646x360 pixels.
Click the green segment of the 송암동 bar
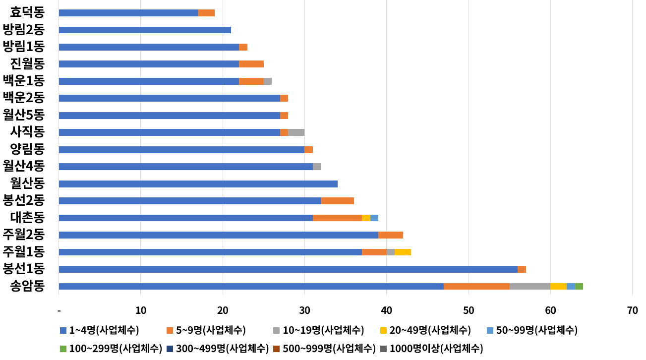(x=579, y=286)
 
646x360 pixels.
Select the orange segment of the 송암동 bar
(x=476, y=286)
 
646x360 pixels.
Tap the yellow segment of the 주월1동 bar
(x=403, y=252)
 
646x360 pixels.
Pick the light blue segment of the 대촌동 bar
(x=374, y=218)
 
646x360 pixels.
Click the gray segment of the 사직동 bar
(x=296, y=132)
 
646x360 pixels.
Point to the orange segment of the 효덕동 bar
(x=206, y=13)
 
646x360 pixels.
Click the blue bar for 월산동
(x=198, y=184)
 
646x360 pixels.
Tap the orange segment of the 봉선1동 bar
(x=522, y=269)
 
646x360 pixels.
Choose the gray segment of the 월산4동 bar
(x=317, y=167)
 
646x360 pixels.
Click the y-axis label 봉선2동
(x=24, y=201)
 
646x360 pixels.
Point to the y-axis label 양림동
(x=27, y=149)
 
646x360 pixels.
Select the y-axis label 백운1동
(x=24, y=81)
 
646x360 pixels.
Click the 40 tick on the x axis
(x=386, y=311)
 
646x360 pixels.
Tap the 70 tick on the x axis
(x=632, y=311)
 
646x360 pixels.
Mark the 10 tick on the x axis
(x=141, y=311)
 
